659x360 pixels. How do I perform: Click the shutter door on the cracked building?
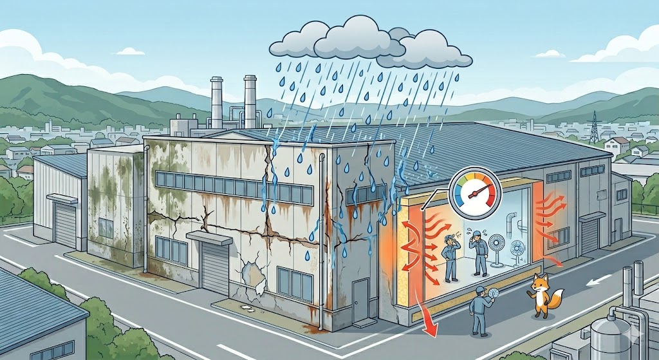tap(214, 266)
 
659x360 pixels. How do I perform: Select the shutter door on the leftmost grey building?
tap(65, 226)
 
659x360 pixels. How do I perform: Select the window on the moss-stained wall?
tap(106, 227)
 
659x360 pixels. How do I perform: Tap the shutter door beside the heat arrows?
tap(589, 235)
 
